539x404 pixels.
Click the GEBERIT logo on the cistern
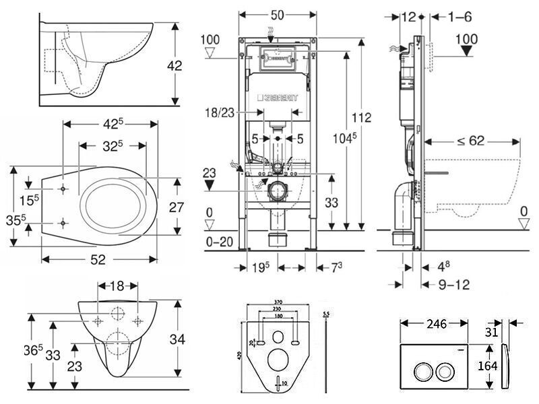click(278, 98)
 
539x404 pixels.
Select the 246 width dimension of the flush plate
click(435, 323)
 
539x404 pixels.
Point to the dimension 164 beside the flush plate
click(486, 366)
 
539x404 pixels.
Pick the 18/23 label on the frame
click(222, 113)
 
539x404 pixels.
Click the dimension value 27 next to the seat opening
click(177, 207)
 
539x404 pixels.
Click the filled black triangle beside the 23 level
click(210, 183)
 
